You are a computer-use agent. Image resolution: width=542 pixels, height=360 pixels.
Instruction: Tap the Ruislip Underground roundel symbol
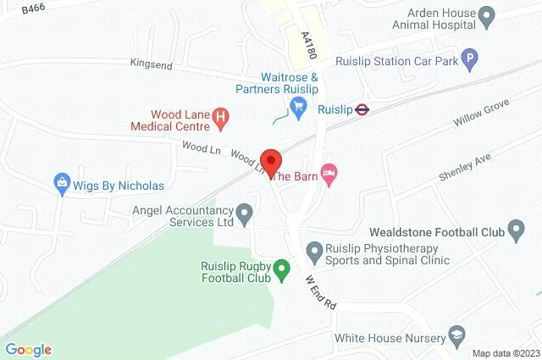click(x=362, y=108)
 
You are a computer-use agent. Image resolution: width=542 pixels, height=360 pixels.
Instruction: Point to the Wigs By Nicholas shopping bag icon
click(x=61, y=182)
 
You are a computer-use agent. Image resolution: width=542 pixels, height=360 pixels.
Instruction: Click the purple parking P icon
click(x=472, y=59)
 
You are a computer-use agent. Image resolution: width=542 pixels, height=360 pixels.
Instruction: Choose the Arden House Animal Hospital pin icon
click(x=486, y=14)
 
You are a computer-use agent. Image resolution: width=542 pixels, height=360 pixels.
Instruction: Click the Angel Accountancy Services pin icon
click(x=245, y=213)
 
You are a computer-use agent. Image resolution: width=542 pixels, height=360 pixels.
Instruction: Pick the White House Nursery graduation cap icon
click(x=457, y=335)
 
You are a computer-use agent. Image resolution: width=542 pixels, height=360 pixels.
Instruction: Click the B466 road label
click(x=34, y=8)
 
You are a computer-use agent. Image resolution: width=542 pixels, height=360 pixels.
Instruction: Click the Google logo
click(x=28, y=350)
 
